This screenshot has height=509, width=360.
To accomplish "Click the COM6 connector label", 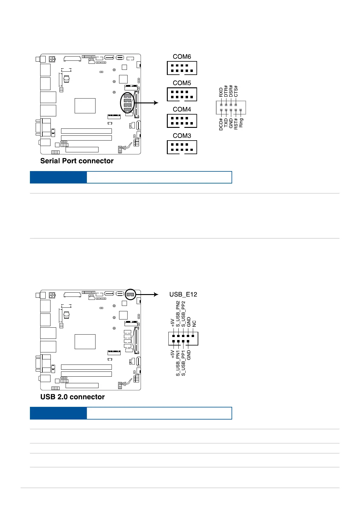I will pos(182,57).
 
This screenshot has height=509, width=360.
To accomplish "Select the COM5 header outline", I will pos(182,94).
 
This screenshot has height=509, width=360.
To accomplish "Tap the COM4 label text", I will pos(182,109).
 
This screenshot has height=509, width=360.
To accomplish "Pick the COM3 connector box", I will pos(182,147).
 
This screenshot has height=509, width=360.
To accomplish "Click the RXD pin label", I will pos(221,92).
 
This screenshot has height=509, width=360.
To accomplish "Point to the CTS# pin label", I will pos(236,91).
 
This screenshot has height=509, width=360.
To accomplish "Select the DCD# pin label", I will pos(221,124).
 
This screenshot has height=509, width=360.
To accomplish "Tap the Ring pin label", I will pos(241,123).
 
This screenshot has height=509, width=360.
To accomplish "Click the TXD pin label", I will pos(226,123).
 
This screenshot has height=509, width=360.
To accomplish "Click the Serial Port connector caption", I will pos(77,161).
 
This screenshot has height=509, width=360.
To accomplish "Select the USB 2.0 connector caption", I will pos(73,397).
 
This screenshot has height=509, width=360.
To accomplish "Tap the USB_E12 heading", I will pos(183,294).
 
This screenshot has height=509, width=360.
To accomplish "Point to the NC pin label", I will pos(194,324).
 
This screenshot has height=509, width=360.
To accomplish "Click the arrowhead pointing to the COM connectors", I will pos(156,103).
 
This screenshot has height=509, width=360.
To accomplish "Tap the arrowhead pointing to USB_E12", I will pos(156,294).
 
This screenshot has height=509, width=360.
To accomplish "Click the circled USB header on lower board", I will pos(130,294).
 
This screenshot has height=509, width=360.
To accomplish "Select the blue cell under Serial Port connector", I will pos(58,177).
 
